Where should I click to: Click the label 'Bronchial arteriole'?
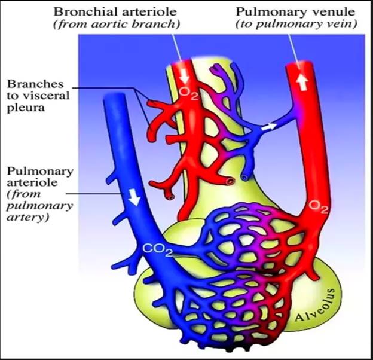[x=115, y=11]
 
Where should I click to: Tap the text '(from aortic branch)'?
[x=117, y=24]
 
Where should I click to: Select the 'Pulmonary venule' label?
[x=295, y=11]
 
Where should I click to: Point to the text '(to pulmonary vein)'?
[x=296, y=24]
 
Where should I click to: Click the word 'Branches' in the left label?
[x=35, y=84]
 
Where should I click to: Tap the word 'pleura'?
[x=26, y=108]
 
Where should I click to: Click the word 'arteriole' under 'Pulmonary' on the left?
[x=32, y=182]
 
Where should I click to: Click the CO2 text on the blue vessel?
[x=157, y=250]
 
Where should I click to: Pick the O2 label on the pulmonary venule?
[x=319, y=207]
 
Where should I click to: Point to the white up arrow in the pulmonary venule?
[x=302, y=81]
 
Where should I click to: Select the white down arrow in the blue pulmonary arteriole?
[x=134, y=197]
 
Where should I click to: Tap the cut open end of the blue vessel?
[x=244, y=178]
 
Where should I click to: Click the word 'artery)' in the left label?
[x=28, y=218]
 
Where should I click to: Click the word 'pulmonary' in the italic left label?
[x=39, y=206]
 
